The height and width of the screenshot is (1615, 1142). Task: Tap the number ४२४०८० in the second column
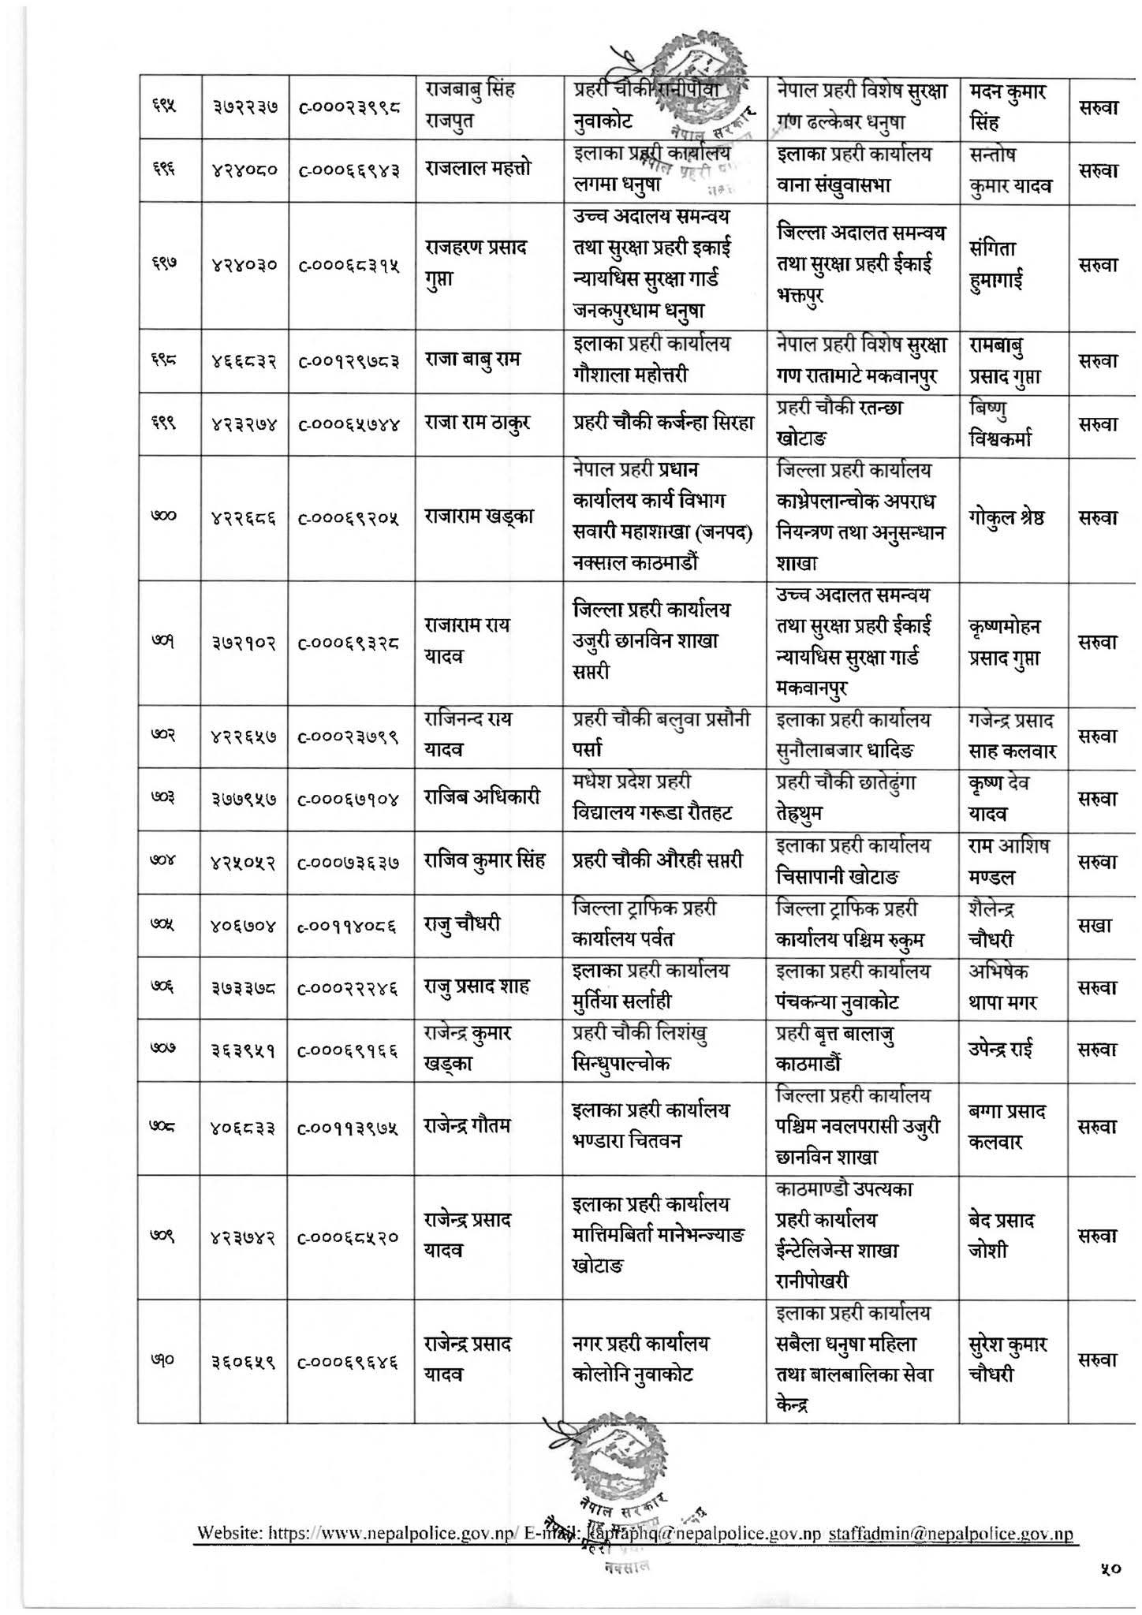pyautogui.click(x=244, y=170)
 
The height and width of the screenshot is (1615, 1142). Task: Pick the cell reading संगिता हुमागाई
pyautogui.click(x=998, y=265)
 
